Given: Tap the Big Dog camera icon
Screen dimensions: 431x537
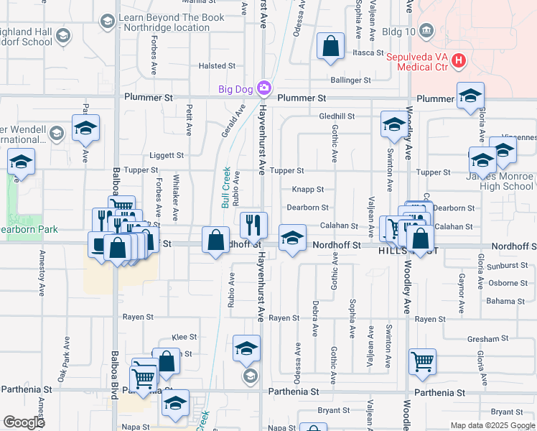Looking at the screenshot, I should coord(264,88).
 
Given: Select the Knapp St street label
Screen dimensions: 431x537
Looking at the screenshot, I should coord(307,190).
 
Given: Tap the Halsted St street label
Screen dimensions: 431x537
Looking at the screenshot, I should coord(213,66).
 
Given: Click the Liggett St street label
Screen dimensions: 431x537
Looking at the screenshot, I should coord(167,155).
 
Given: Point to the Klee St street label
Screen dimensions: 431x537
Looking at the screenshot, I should coord(185,337).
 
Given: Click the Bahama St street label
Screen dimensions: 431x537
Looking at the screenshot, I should coord(506,300).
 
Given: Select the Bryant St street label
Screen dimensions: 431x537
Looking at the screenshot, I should coord(333,410).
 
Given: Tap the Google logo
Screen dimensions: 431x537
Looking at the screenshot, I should coord(24,422).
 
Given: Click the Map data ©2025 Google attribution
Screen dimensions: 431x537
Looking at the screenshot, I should coord(492,425).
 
